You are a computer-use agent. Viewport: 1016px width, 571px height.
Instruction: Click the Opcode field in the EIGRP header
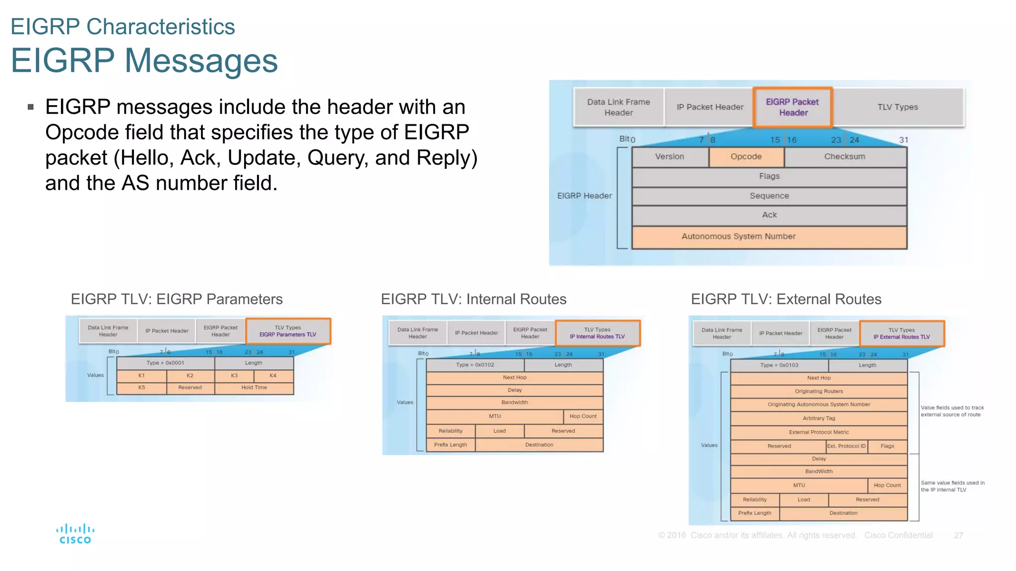coord(746,157)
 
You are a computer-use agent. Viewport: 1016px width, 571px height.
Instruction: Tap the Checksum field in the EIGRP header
coord(845,157)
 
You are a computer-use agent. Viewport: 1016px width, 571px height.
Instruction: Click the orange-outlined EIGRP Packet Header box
coord(792,108)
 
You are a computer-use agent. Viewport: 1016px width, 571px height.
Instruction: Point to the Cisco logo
coord(75,534)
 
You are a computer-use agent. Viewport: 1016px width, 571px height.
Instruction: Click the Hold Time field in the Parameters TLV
coord(254,388)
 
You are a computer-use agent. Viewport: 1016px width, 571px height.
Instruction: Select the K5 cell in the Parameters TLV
coord(142,388)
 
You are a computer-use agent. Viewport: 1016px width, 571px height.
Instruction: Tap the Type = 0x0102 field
coord(475,365)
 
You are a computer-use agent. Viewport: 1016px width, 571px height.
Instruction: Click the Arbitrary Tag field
coord(819,418)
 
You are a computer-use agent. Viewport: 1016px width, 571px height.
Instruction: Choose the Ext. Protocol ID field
coord(846,446)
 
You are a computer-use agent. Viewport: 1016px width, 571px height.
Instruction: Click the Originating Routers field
coord(819,392)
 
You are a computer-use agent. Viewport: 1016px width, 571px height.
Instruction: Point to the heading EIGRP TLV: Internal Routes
coord(473,299)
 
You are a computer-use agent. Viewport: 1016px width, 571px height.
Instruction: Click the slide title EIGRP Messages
coord(144,60)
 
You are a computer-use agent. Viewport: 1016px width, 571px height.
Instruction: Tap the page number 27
coord(958,535)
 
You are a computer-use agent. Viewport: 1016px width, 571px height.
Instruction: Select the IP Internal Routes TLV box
coord(597,333)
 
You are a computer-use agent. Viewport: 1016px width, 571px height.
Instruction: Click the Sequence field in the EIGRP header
coord(769,196)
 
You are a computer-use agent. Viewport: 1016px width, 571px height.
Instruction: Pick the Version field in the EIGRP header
coord(669,157)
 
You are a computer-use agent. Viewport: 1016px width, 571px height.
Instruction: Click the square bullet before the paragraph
coord(31,107)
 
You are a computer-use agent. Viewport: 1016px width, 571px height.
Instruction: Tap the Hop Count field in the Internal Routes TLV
coord(583,416)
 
